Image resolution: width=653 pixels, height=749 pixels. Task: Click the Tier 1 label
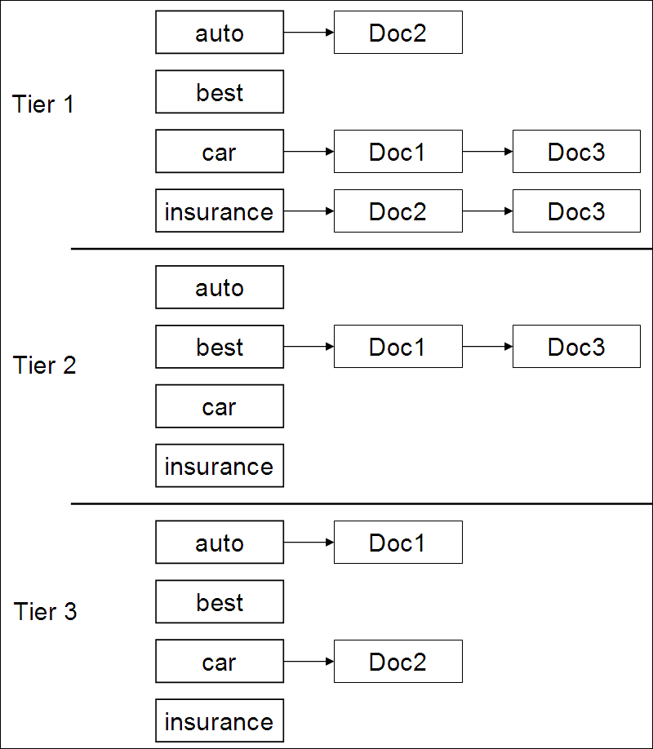click(x=42, y=104)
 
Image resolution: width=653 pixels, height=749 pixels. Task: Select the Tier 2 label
click(x=44, y=365)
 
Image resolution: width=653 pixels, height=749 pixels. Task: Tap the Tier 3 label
click(x=45, y=611)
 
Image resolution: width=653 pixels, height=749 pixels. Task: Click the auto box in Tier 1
click(x=220, y=32)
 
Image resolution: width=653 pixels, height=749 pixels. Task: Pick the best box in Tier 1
click(x=220, y=91)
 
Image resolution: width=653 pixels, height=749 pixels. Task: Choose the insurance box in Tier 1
click(x=220, y=211)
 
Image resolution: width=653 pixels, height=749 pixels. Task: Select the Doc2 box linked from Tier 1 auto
click(x=398, y=32)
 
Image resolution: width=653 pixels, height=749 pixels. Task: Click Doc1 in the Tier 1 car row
click(x=398, y=152)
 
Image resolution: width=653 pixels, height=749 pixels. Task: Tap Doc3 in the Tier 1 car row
click(x=576, y=152)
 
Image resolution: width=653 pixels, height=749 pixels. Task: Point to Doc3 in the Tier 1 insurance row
click(x=576, y=211)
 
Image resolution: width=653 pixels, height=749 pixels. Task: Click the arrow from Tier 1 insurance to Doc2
click(x=309, y=211)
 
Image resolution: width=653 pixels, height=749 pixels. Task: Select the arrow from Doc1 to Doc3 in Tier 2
click(x=487, y=346)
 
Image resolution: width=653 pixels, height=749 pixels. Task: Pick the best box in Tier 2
click(x=220, y=347)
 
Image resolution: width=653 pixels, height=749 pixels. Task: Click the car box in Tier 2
click(x=220, y=406)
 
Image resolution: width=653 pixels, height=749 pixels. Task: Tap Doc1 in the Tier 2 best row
click(x=398, y=346)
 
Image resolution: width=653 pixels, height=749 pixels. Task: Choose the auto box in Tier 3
click(x=220, y=542)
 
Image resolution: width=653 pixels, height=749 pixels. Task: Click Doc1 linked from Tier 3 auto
click(x=398, y=542)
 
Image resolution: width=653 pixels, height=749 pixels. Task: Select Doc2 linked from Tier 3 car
click(x=398, y=661)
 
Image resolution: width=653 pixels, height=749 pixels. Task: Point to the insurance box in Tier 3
click(x=220, y=720)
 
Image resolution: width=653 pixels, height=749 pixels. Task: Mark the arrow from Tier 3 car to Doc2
click(x=309, y=661)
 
